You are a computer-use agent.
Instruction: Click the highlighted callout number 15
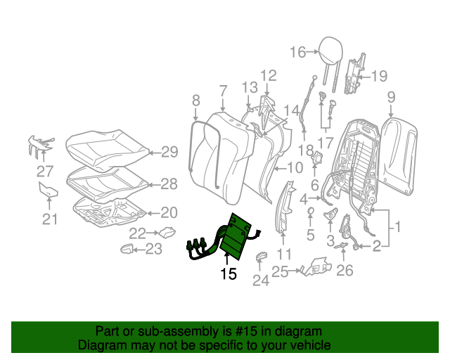point(228,274)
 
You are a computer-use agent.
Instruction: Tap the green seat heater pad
point(235,236)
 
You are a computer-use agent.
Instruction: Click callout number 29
point(170,151)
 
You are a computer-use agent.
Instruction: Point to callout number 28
point(169,184)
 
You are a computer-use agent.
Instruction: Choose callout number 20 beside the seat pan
point(169,212)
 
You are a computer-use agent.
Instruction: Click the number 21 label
point(49,220)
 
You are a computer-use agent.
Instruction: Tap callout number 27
point(45,171)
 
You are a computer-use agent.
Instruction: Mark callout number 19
point(379,76)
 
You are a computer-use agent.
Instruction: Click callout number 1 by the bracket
point(396,227)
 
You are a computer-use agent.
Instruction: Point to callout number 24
point(261,281)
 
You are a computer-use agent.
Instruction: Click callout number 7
point(222,91)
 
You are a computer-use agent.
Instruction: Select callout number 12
point(269,76)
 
